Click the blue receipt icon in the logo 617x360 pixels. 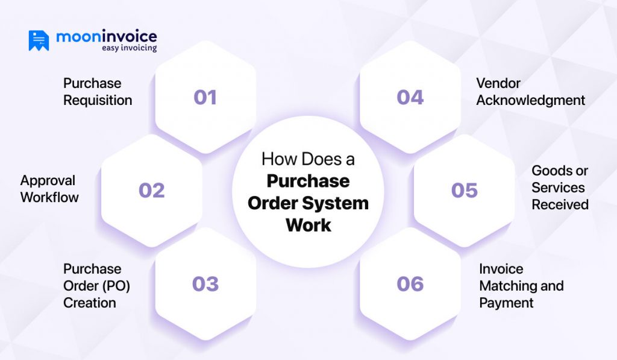pyautogui.click(x=39, y=40)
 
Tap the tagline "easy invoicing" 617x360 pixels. pyautogui.click(x=130, y=48)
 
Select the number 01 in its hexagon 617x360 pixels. pyautogui.click(x=205, y=97)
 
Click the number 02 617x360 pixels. pyautogui.click(x=151, y=191)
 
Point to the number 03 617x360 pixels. pyautogui.click(x=205, y=284)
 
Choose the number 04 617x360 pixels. pyautogui.click(x=410, y=97)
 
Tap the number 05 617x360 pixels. pyautogui.click(x=465, y=191)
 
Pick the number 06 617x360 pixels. pyautogui.click(x=410, y=284)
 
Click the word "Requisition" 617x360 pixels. pyautogui.click(x=98, y=101)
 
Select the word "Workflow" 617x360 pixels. pyautogui.click(x=49, y=197)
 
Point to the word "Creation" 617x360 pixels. pyautogui.click(x=90, y=303)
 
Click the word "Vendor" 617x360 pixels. pyautogui.click(x=498, y=83)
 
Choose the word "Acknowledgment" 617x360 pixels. pyautogui.click(x=531, y=101)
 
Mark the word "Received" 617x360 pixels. pyautogui.click(x=560, y=205)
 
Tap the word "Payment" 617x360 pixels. pyautogui.click(x=506, y=303)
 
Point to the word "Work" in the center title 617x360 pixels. pyautogui.click(x=308, y=226)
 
